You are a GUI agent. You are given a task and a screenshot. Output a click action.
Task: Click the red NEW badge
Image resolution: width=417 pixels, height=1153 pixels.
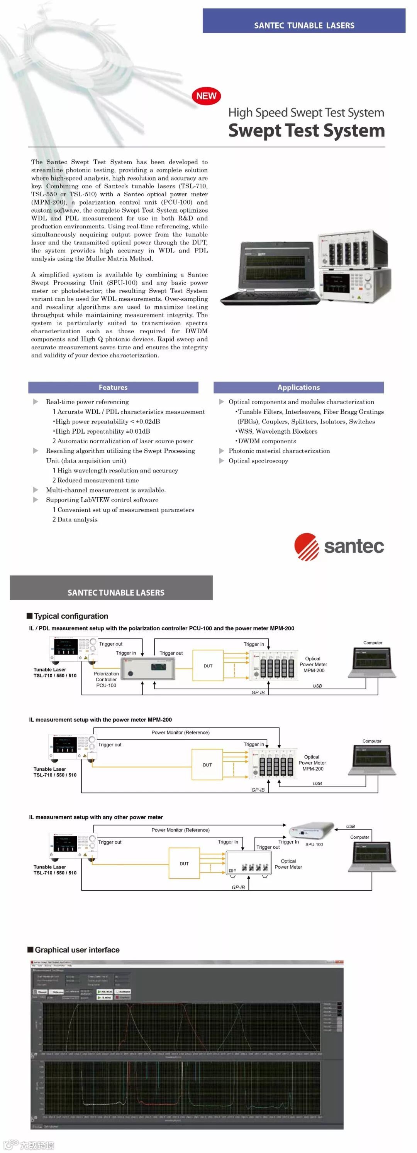point(206,96)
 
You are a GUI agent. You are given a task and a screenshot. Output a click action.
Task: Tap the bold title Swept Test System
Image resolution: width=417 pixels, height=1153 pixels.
point(306,130)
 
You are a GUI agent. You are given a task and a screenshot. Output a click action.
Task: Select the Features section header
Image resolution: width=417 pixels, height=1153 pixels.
point(113,388)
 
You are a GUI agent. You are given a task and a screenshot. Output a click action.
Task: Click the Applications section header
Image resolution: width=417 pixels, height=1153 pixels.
point(298,388)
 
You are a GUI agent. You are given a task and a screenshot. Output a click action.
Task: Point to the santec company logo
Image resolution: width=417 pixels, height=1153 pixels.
point(339,546)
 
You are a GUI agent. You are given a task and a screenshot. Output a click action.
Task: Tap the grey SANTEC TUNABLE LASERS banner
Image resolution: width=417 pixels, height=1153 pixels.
point(111,588)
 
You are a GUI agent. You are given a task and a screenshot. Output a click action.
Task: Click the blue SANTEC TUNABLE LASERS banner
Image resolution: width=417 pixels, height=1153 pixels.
point(304,21)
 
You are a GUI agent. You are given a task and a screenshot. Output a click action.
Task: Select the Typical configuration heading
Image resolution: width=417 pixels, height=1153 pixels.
point(71,616)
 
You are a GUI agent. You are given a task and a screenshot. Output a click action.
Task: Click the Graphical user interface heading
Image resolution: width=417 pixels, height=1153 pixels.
point(76,950)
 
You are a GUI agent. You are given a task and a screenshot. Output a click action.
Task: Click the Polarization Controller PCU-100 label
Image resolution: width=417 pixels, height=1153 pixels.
point(106,679)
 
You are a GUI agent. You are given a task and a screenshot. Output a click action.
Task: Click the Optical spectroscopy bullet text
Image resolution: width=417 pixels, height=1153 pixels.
point(258,461)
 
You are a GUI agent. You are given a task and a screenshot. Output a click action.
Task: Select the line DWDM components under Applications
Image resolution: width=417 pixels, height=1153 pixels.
point(267,441)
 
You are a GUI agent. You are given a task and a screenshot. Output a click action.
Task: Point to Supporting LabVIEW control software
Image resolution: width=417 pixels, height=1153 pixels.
point(102,500)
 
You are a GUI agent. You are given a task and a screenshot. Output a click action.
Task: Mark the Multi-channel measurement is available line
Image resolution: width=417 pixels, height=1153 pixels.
point(106,490)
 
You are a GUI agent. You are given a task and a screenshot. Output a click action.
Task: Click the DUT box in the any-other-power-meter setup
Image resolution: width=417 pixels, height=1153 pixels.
point(184,864)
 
